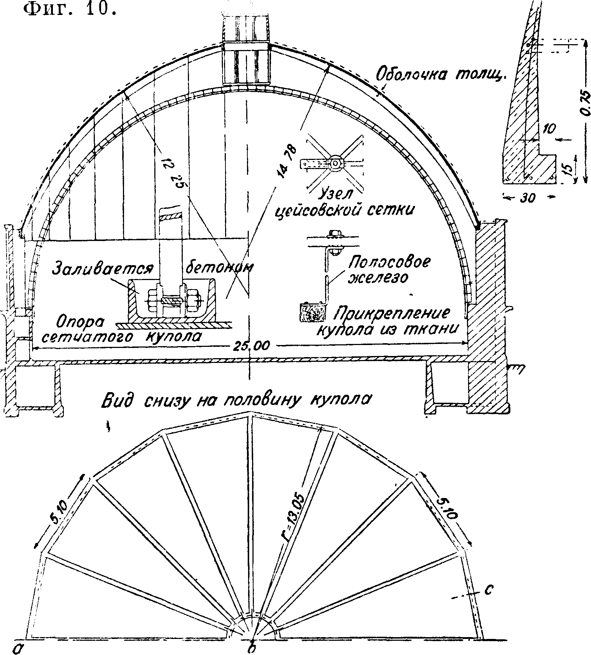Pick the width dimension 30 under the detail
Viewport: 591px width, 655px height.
click(x=529, y=198)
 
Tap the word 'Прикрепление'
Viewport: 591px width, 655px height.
click(x=394, y=314)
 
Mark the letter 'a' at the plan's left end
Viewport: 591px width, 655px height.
click(x=16, y=647)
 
